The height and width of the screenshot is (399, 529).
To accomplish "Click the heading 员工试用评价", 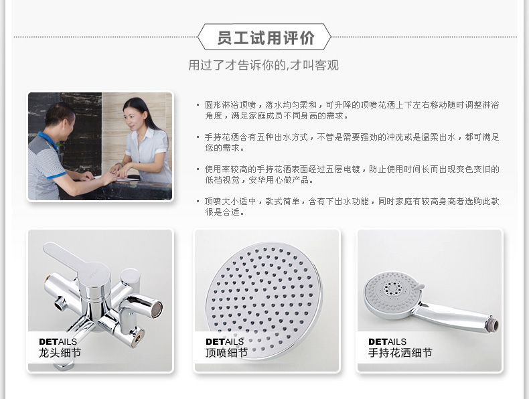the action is tap(266, 37).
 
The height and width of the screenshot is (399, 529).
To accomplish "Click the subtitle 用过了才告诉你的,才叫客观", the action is tap(263, 65).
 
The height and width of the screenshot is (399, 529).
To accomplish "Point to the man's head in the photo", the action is tap(60, 118).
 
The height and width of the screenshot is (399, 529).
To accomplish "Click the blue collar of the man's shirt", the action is tap(49, 141).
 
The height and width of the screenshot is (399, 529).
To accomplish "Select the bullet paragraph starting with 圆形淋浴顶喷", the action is tap(352, 110).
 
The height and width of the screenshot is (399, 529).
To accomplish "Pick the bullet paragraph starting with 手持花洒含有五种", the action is tap(352, 143).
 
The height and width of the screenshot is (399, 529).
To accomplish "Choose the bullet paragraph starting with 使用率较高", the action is tap(352, 174).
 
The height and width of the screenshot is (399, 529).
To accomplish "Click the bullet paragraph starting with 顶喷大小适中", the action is tap(352, 206).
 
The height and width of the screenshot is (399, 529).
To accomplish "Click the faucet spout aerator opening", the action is tap(156, 309).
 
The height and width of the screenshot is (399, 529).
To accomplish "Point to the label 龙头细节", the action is tap(60, 353).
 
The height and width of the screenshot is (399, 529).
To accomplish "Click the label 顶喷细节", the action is tap(226, 353).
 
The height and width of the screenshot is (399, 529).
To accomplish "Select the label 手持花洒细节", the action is tap(400, 353).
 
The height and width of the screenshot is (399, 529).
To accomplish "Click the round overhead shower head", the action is tap(264, 299).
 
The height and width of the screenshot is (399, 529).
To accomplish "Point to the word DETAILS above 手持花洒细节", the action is tap(387, 341).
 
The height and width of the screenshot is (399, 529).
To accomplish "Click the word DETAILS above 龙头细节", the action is tap(58, 341).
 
